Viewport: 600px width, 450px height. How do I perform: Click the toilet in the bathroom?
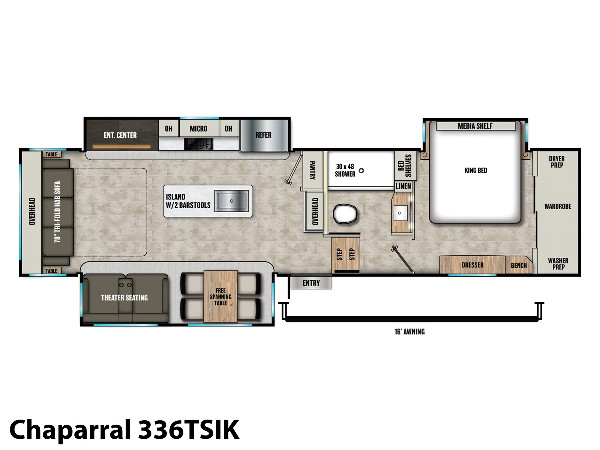[x=345, y=213]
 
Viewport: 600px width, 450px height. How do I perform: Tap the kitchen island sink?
[x=231, y=201]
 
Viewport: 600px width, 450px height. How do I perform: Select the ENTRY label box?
[x=311, y=283]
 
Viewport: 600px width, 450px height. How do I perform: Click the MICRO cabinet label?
[x=198, y=129]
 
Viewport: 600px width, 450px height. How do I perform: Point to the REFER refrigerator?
[x=264, y=135]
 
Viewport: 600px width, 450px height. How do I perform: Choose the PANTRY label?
[x=312, y=170]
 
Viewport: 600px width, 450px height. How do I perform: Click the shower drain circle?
[x=361, y=171]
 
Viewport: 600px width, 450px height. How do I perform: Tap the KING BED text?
[x=475, y=171]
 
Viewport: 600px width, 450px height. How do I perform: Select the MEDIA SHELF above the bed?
[x=475, y=126]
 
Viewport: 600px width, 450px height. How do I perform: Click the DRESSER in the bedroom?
[x=472, y=265]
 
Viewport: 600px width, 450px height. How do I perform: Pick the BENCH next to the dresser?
[x=519, y=265]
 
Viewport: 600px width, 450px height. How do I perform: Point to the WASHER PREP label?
[x=558, y=264]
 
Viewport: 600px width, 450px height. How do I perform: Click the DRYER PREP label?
[x=557, y=162]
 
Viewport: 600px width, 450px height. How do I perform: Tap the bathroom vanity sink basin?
[x=399, y=213]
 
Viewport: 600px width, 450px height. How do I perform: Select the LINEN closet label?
[x=403, y=186]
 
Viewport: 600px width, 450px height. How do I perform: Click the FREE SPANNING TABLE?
[x=220, y=297]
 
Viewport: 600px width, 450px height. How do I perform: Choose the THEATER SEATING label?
[x=124, y=298]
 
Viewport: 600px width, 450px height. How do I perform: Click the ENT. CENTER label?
[x=120, y=135]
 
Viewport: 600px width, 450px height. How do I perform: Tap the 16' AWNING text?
[x=409, y=332]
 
